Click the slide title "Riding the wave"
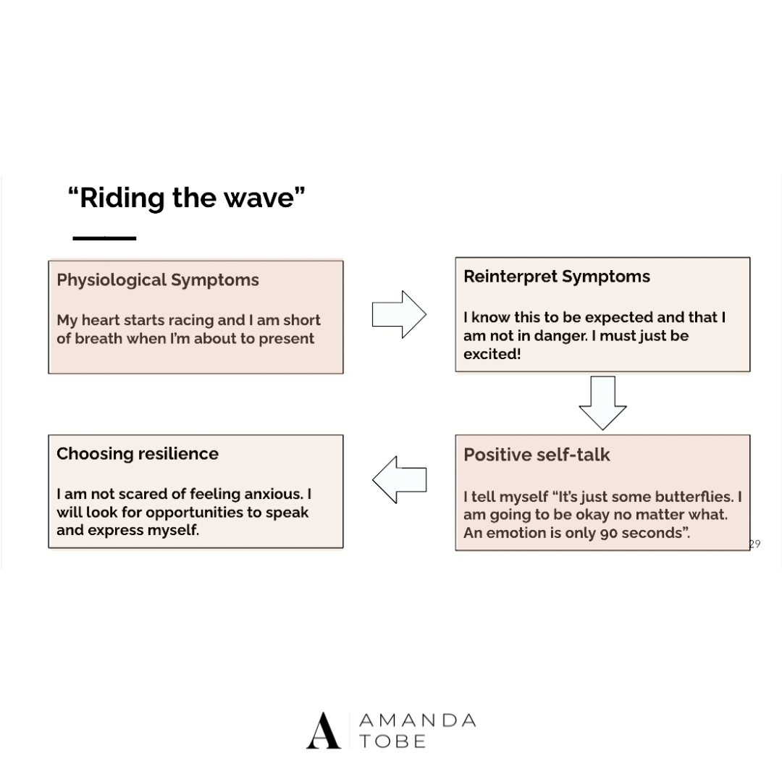coord(186,198)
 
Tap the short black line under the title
coord(104,237)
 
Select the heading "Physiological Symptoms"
coord(157,280)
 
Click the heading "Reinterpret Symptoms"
coord(556,277)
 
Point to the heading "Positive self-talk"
coord(537,455)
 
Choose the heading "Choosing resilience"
coord(137,454)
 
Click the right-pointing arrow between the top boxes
coord(399,314)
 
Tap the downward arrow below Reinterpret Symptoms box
coord(602,403)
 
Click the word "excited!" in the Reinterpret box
coord(492,355)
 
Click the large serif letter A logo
coord(323,731)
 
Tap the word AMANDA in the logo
coord(418,721)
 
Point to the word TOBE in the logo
coord(392,741)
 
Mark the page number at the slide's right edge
coord(754,545)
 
